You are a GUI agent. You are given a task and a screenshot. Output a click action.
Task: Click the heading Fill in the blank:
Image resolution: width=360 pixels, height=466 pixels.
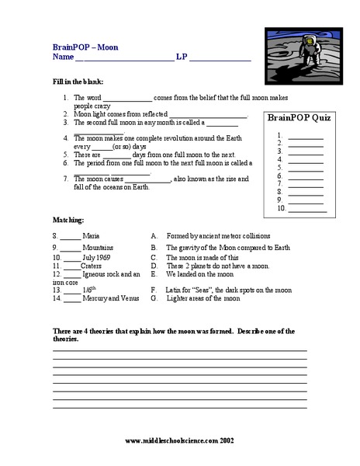(78, 82)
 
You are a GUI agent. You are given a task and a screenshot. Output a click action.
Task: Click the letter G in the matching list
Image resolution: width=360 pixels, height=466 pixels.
(154, 297)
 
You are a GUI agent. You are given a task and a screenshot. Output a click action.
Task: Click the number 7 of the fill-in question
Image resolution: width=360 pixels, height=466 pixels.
(66, 179)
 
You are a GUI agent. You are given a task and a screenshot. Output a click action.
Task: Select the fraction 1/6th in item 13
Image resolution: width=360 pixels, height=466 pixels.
(92, 287)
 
